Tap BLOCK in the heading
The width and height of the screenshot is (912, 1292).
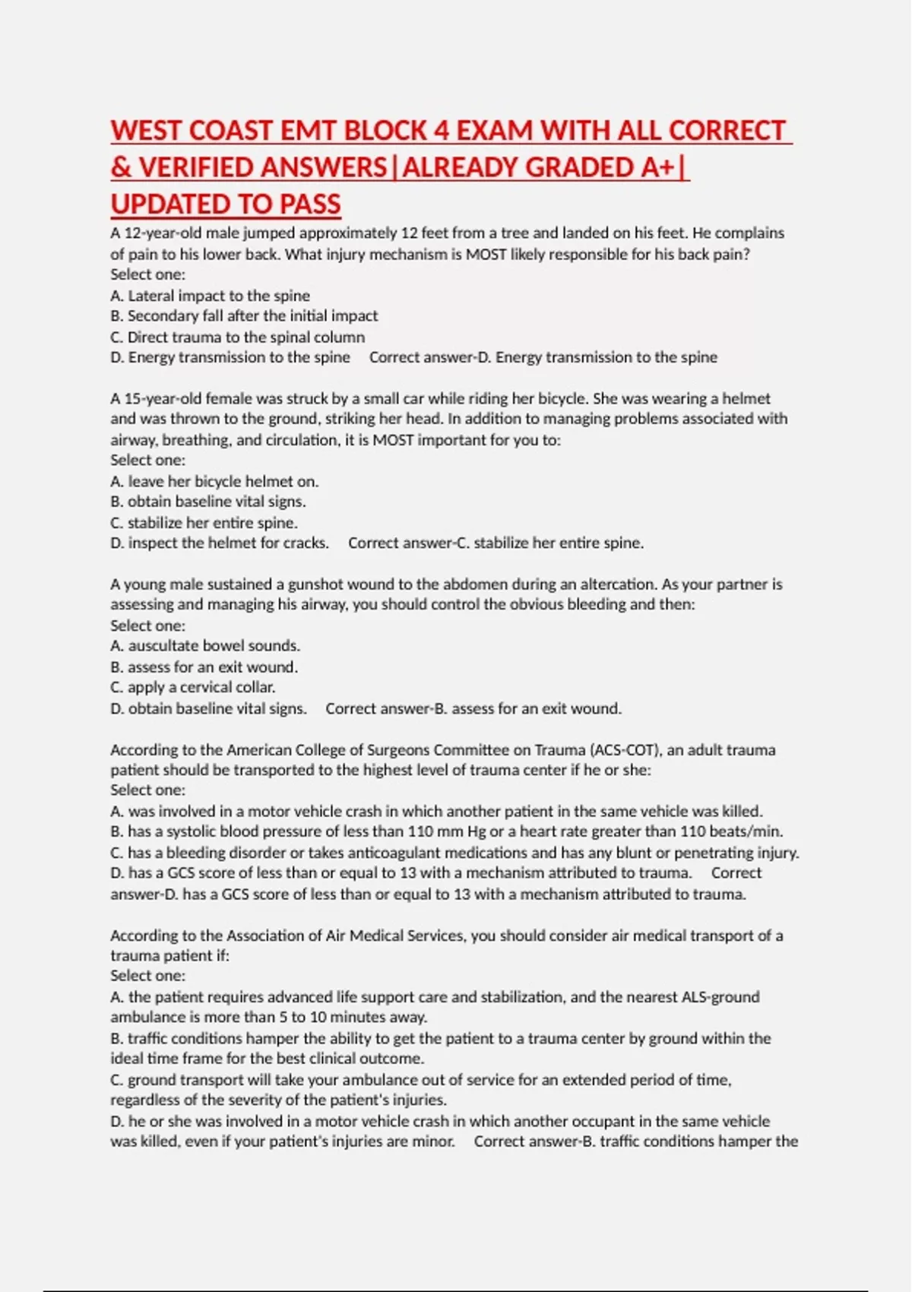[x=385, y=131]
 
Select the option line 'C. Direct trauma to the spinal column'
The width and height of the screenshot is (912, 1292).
[x=237, y=337]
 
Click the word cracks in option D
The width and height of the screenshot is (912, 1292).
[x=306, y=543]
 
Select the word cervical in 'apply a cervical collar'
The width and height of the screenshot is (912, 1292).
[x=207, y=687]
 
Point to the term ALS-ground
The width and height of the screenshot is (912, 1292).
[x=720, y=997]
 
